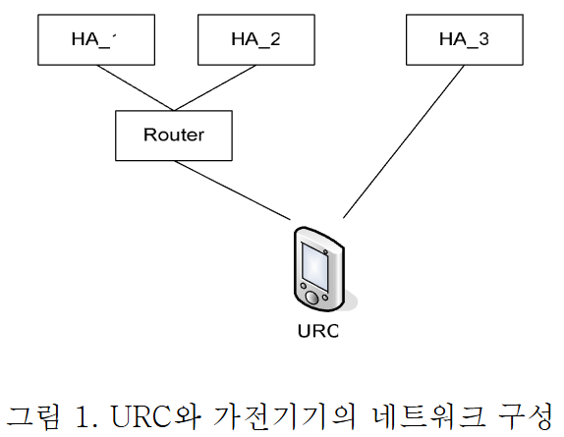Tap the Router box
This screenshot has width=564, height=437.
174,135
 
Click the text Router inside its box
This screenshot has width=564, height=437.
174,135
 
